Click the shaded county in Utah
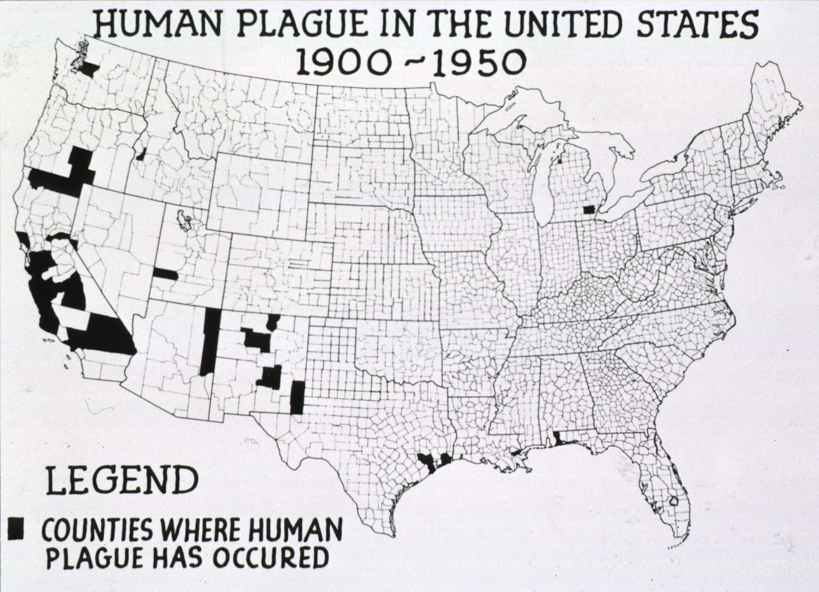[x=166, y=274]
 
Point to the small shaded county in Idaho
[x=141, y=154]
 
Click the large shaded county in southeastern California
[x=107, y=334]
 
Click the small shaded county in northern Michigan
[x=559, y=159]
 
